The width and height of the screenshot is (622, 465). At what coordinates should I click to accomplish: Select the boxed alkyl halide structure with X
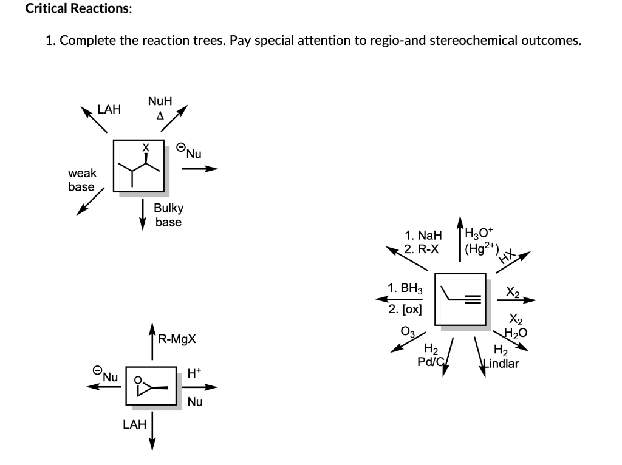point(140,166)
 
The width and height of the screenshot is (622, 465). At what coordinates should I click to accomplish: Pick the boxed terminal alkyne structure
point(460,298)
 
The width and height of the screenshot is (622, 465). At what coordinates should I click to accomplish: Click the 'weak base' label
point(81,180)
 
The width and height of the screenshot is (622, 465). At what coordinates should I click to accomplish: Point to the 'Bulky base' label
point(168,215)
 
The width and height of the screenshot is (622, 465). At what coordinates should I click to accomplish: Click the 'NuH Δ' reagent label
point(160,106)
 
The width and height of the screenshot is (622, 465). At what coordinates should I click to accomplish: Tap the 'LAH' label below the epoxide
point(134,425)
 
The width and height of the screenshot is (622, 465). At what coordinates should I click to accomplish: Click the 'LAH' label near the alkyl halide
point(109,109)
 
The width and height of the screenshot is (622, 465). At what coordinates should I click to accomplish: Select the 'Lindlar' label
point(500,364)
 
